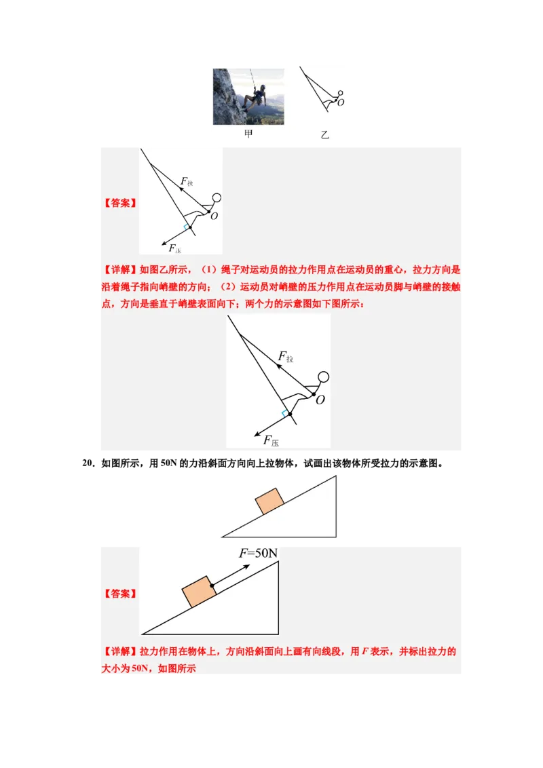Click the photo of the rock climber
click(x=248, y=96)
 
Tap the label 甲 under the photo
click(x=248, y=134)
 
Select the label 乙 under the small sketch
click(x=324, y=135)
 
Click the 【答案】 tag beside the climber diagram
click(x=120, y=203)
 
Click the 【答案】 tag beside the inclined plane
click(x=120, y=594)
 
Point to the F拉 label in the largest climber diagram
click(x=286, y=357)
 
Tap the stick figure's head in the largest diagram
click(x=324, y=377)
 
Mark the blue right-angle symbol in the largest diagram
click(x=284, y=414)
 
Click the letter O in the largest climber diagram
click(x=320, y=400)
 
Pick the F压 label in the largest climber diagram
click(x=271, y=441)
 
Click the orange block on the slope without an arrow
click(x=269, y=501)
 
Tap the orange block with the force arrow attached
click(x=200, y=592)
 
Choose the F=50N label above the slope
click(x=259, y=554)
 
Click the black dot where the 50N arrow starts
click(x=212, y=585)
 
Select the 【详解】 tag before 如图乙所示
click(x=120, y=270)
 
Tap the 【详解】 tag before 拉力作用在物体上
click(x=120, y=651)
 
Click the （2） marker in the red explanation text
click(x=228, y=287)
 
